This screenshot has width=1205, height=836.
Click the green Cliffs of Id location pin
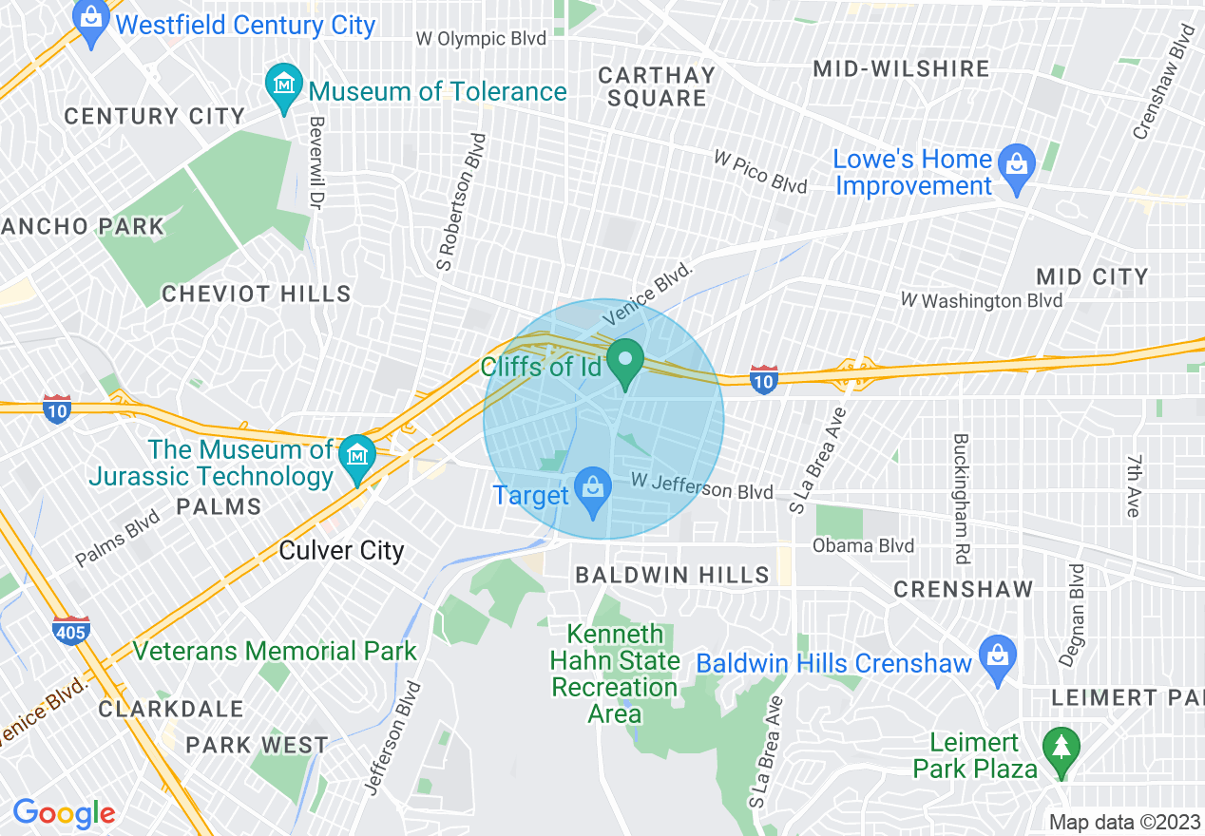click(x=626, y=363)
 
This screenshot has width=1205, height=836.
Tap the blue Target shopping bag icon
click(x=594, y=492)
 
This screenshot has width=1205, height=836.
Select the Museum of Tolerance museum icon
click(x=283, y=87)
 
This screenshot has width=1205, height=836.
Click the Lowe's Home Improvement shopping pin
click(x=1018, y=169)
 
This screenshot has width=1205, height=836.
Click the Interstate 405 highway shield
click(x=71, y=630)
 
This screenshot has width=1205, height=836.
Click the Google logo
click(x=64, y=813)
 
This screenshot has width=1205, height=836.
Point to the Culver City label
click(x=341, y=551)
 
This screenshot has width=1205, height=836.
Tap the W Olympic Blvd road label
click(x=482, y=39)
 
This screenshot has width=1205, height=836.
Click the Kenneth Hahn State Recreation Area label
click(x=616, y=674)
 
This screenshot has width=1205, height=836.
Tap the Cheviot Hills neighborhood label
click(x=257, y=294)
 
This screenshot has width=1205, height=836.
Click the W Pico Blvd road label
click(x=760, y=170)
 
